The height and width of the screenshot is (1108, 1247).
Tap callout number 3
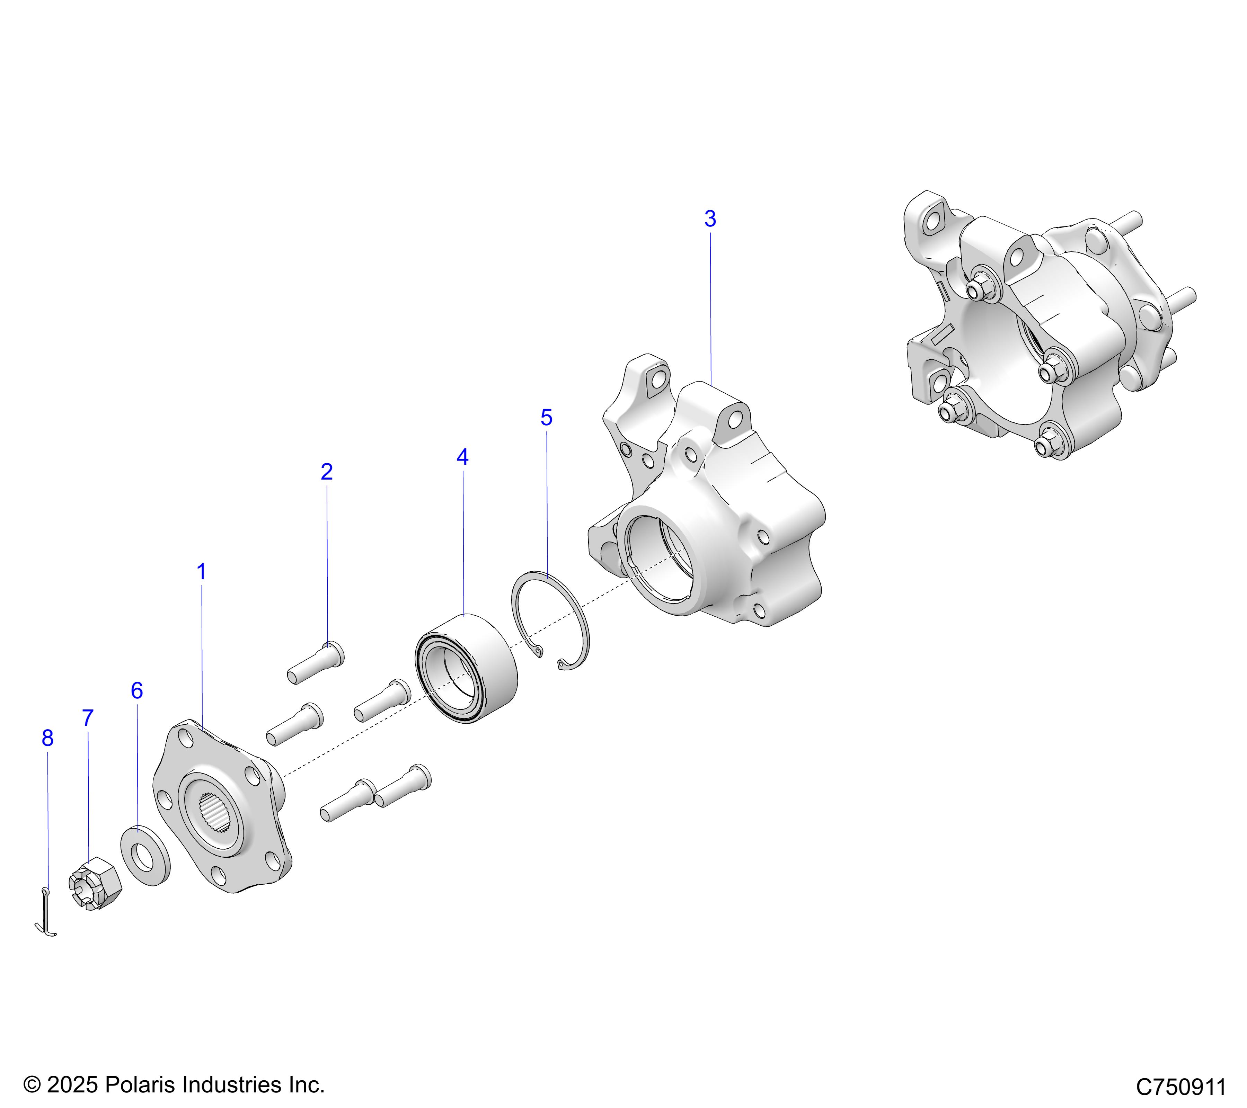(710, 219)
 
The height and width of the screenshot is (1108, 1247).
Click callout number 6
(137, 691)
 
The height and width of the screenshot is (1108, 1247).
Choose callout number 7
(88, 718)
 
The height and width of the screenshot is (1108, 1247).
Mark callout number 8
(47, 739)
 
